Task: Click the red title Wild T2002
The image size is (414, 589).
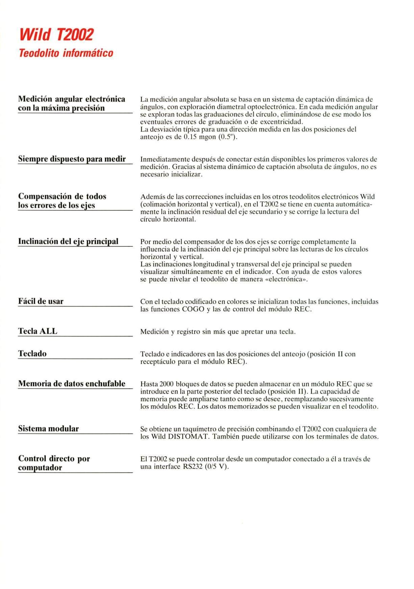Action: point(56,34)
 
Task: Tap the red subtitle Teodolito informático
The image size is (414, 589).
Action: point(66,53)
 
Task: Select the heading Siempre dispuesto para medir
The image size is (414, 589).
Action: point(72,159)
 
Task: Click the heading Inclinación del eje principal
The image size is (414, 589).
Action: point(68,241)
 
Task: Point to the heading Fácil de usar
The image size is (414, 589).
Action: point(41,301)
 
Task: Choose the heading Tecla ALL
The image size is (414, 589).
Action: point(38,331)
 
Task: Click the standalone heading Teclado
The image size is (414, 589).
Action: point(32,353)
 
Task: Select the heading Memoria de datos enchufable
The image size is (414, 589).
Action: point(72,384)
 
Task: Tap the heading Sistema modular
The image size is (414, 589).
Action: point(48,428)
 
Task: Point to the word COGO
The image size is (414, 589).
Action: point(193,309)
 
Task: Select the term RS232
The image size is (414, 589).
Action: point(193,467)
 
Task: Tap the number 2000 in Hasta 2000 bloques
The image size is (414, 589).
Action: point(166,384)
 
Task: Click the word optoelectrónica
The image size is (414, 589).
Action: point(272,107)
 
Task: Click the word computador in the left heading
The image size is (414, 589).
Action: point(40,468)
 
